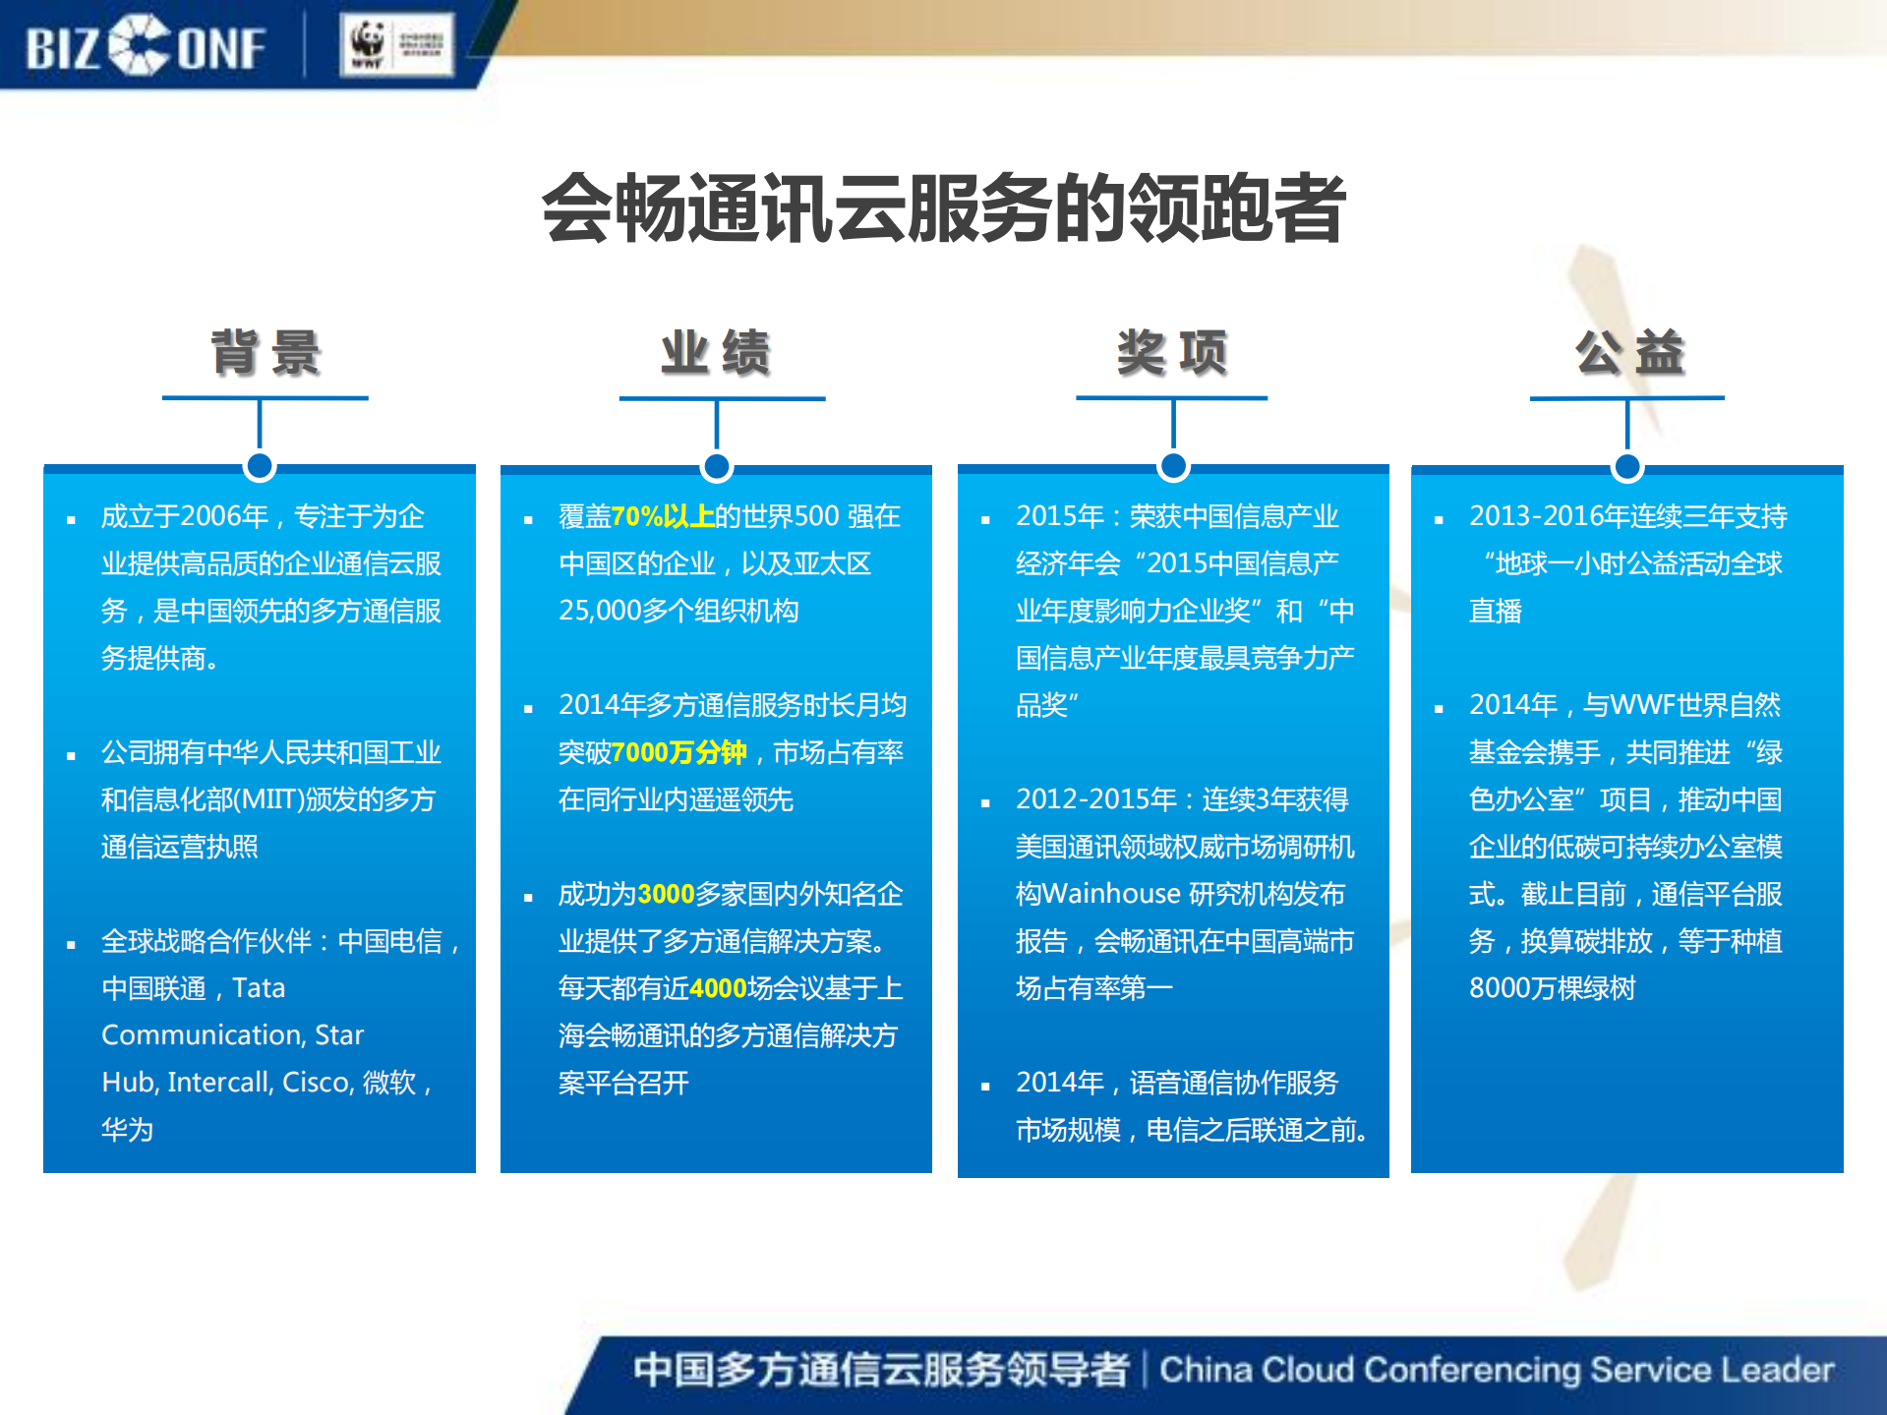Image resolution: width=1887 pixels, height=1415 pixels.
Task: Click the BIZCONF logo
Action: [146, 46]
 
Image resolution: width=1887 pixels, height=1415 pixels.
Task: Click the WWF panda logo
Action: [368, 44]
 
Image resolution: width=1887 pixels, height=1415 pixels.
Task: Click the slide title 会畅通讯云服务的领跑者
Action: [943, 207]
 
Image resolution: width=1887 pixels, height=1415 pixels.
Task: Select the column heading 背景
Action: [265, 352]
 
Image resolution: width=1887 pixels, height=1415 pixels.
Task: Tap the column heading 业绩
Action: [716, 352]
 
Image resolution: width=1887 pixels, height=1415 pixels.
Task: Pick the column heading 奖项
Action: [1172, 352]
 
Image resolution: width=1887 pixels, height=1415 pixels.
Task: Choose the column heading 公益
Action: [1629, 352]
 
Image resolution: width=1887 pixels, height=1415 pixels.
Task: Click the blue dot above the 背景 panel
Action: [260, 466]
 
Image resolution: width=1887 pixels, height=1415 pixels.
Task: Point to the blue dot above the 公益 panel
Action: [1627, 466]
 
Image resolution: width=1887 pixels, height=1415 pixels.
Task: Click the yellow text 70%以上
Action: [663, 516]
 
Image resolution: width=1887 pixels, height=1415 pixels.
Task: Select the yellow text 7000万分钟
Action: [678, 752]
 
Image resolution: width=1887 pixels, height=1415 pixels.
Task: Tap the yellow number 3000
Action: [666, 894]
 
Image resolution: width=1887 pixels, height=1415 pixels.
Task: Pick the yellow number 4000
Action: [719, 988]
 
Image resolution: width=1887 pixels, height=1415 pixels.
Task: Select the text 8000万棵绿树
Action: [1552, 988]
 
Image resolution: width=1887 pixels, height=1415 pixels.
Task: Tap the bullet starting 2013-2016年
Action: [1627, 516]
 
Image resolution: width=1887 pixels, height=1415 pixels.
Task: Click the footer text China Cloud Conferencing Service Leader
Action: [1496, 1370]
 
